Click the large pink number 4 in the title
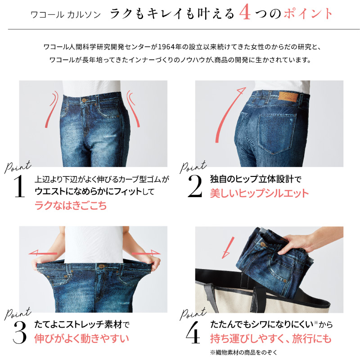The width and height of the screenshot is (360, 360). pos(245,13)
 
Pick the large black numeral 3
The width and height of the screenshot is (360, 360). pos(18,332)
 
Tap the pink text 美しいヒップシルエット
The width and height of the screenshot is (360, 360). pos(260,193)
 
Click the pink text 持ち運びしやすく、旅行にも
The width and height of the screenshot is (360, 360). pos(270,338)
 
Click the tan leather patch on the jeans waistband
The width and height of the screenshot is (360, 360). pos(286,97)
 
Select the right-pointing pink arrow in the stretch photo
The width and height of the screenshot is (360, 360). pos(148,253)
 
